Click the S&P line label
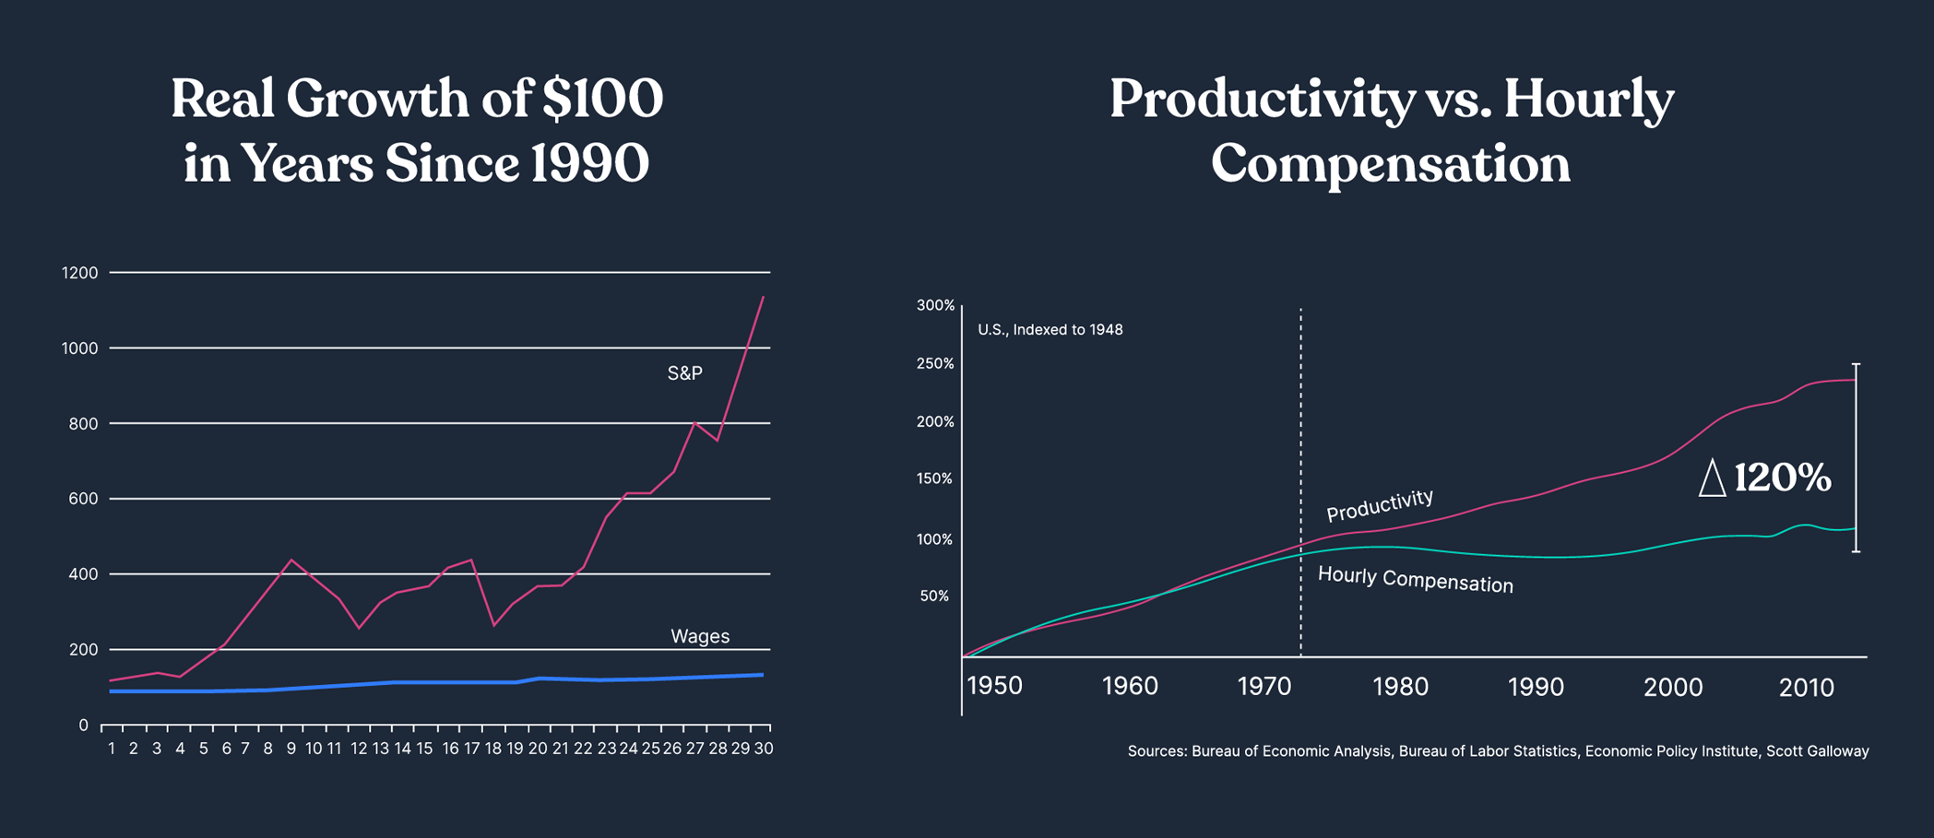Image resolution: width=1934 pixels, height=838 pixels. (x=684, y=373)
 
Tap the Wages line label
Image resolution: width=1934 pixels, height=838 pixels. (x=700, y=636)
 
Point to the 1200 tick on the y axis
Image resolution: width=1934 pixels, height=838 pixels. (x=79, y=273)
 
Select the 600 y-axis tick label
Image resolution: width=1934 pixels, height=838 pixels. (x=82, y=499)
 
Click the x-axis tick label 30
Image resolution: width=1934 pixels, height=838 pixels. (x=764, y=749)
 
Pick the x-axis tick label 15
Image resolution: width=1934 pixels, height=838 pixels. (x=424, y=749)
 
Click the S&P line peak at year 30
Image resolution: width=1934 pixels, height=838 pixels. (x=764, y=297)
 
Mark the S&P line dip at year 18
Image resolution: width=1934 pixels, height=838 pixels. (x=494, y=625)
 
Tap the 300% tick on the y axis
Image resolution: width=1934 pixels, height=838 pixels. (x=935, y=305)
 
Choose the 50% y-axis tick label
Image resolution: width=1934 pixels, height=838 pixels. (x=934, y=596)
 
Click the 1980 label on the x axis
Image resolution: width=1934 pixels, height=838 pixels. (x=1400, y=687)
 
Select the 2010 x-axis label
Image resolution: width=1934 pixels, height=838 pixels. (x=1806, y=687)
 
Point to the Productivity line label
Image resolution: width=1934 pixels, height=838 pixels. (x=1380, y=504)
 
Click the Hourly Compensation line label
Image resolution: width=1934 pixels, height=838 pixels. (x=1415, y=580)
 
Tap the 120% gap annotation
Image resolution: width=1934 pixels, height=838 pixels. (x=1782, y=478)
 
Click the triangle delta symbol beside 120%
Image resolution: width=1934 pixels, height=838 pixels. (x=1712, y=478)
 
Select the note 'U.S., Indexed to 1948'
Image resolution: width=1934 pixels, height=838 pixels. (x=1050, y=330)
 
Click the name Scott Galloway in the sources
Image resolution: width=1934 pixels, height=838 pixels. (x=1817, y=751)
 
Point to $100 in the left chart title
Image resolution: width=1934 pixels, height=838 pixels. (x=602, y=99)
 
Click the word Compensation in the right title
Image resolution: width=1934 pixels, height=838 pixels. (x=1390, y=164)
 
